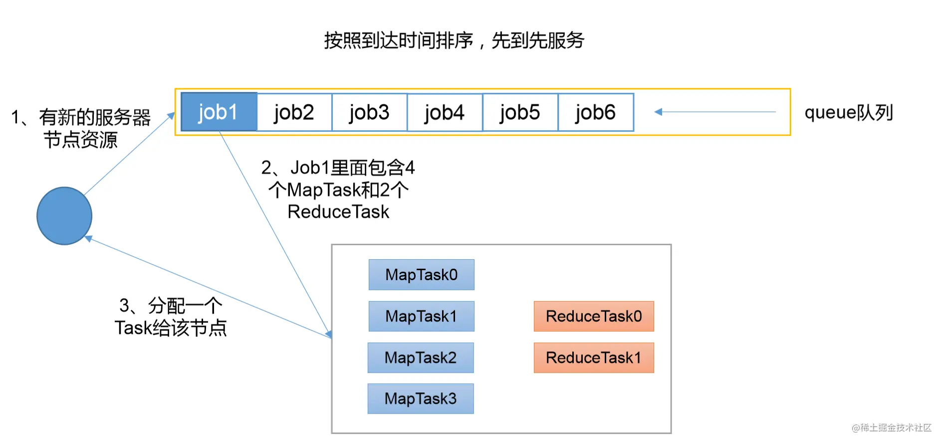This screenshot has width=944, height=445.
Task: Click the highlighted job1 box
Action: tap(219, 112)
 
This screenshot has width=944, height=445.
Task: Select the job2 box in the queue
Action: tap(294, 112)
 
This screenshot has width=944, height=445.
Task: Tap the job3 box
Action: tap(370, 112)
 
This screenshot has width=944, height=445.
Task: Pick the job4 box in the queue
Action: tap(445, 112)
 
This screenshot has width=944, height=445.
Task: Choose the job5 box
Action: tap(520, 112)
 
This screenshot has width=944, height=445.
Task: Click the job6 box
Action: tap(596, 112)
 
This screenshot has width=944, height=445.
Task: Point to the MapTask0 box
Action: tap(422, 275)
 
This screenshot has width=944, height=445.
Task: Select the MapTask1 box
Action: tap(422, 316)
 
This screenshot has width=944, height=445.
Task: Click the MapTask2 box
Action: tap(421, 358)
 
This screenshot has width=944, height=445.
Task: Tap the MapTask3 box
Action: tap(421, 399)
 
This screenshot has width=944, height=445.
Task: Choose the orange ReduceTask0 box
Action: tap(594, 316)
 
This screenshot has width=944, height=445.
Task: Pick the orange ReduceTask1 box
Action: tap(594, 358)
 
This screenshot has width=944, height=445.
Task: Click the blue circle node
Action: tap(64, 216)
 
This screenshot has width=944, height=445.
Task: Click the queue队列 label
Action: tap(849, 113)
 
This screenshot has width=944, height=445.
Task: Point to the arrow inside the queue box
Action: tap(715, 112)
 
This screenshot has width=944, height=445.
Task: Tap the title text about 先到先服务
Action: tap(454, 40)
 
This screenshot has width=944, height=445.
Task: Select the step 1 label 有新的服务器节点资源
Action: tap(81, 128)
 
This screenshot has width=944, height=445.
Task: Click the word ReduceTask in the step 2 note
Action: tap(338, 212)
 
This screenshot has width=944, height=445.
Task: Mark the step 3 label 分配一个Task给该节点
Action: tap(171, 317)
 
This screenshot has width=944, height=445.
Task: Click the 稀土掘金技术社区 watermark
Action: tap(892, 428)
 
